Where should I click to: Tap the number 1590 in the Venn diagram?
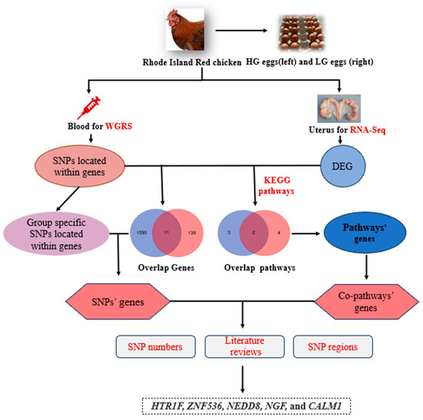pos(141,230)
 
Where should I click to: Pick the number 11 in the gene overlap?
pos(165,230)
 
